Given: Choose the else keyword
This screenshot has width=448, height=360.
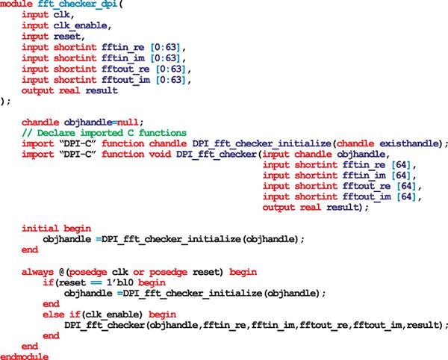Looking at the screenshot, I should [55, 314].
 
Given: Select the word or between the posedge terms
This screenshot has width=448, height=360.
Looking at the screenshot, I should [141, 272].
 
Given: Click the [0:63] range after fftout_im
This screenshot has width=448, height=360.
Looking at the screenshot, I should [167, 79].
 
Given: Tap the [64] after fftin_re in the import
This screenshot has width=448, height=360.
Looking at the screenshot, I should [400, 164].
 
